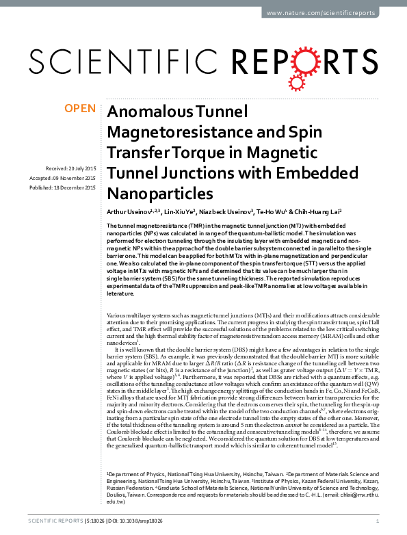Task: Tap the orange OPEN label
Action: [x=79, y=109]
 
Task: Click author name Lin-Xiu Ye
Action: [x=173, y=211]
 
